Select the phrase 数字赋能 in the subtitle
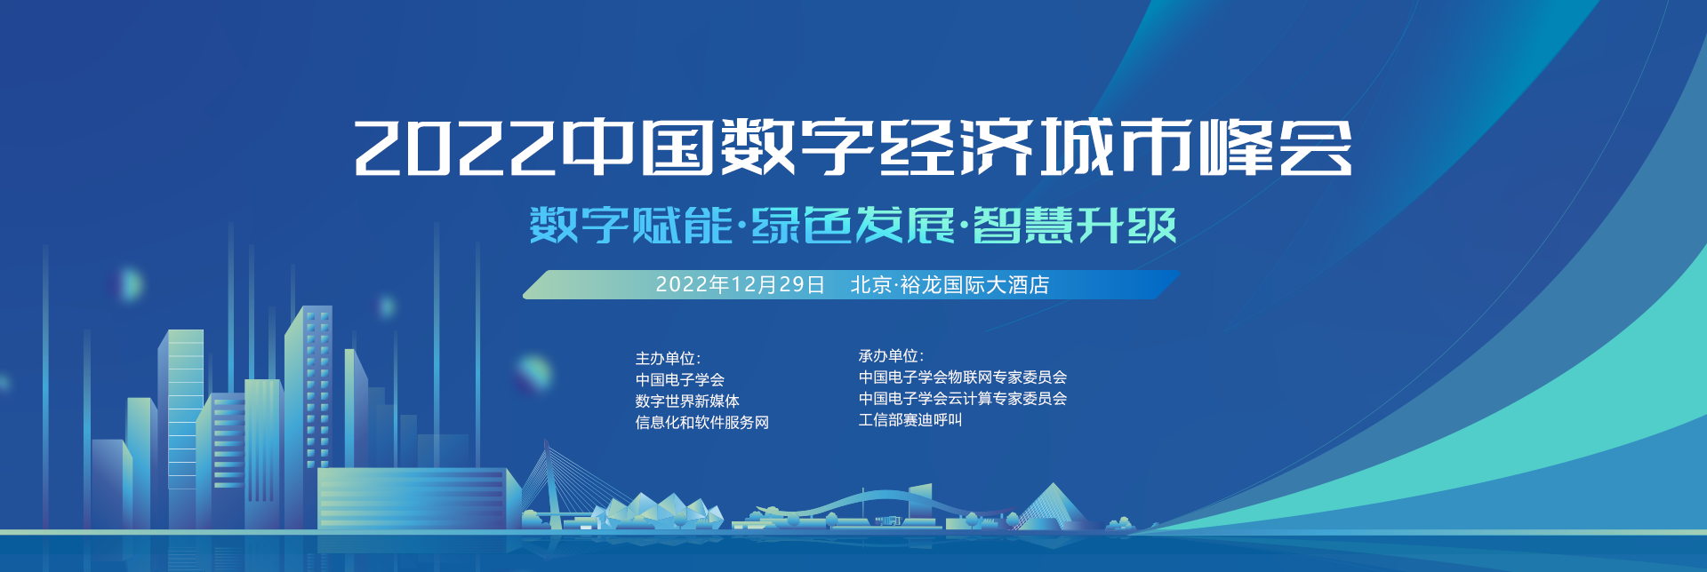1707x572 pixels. pos(630,225)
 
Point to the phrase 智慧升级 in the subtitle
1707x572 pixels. pos(1075,225)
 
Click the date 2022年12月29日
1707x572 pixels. pos(741,284)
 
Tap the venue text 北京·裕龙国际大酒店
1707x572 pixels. pos(950,284)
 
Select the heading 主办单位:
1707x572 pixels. pos(668,358)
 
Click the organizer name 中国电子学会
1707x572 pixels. pos(679,379)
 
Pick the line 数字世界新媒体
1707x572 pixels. pos(687,401)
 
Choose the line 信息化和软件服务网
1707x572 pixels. pos(701,422)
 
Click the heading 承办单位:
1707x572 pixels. pos(891,355)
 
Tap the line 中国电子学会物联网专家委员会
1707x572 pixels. pos(963,377)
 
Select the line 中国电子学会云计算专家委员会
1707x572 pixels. pos(963,398)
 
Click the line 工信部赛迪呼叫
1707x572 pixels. pos(910,419)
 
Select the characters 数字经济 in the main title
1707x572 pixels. pos(876,147)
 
